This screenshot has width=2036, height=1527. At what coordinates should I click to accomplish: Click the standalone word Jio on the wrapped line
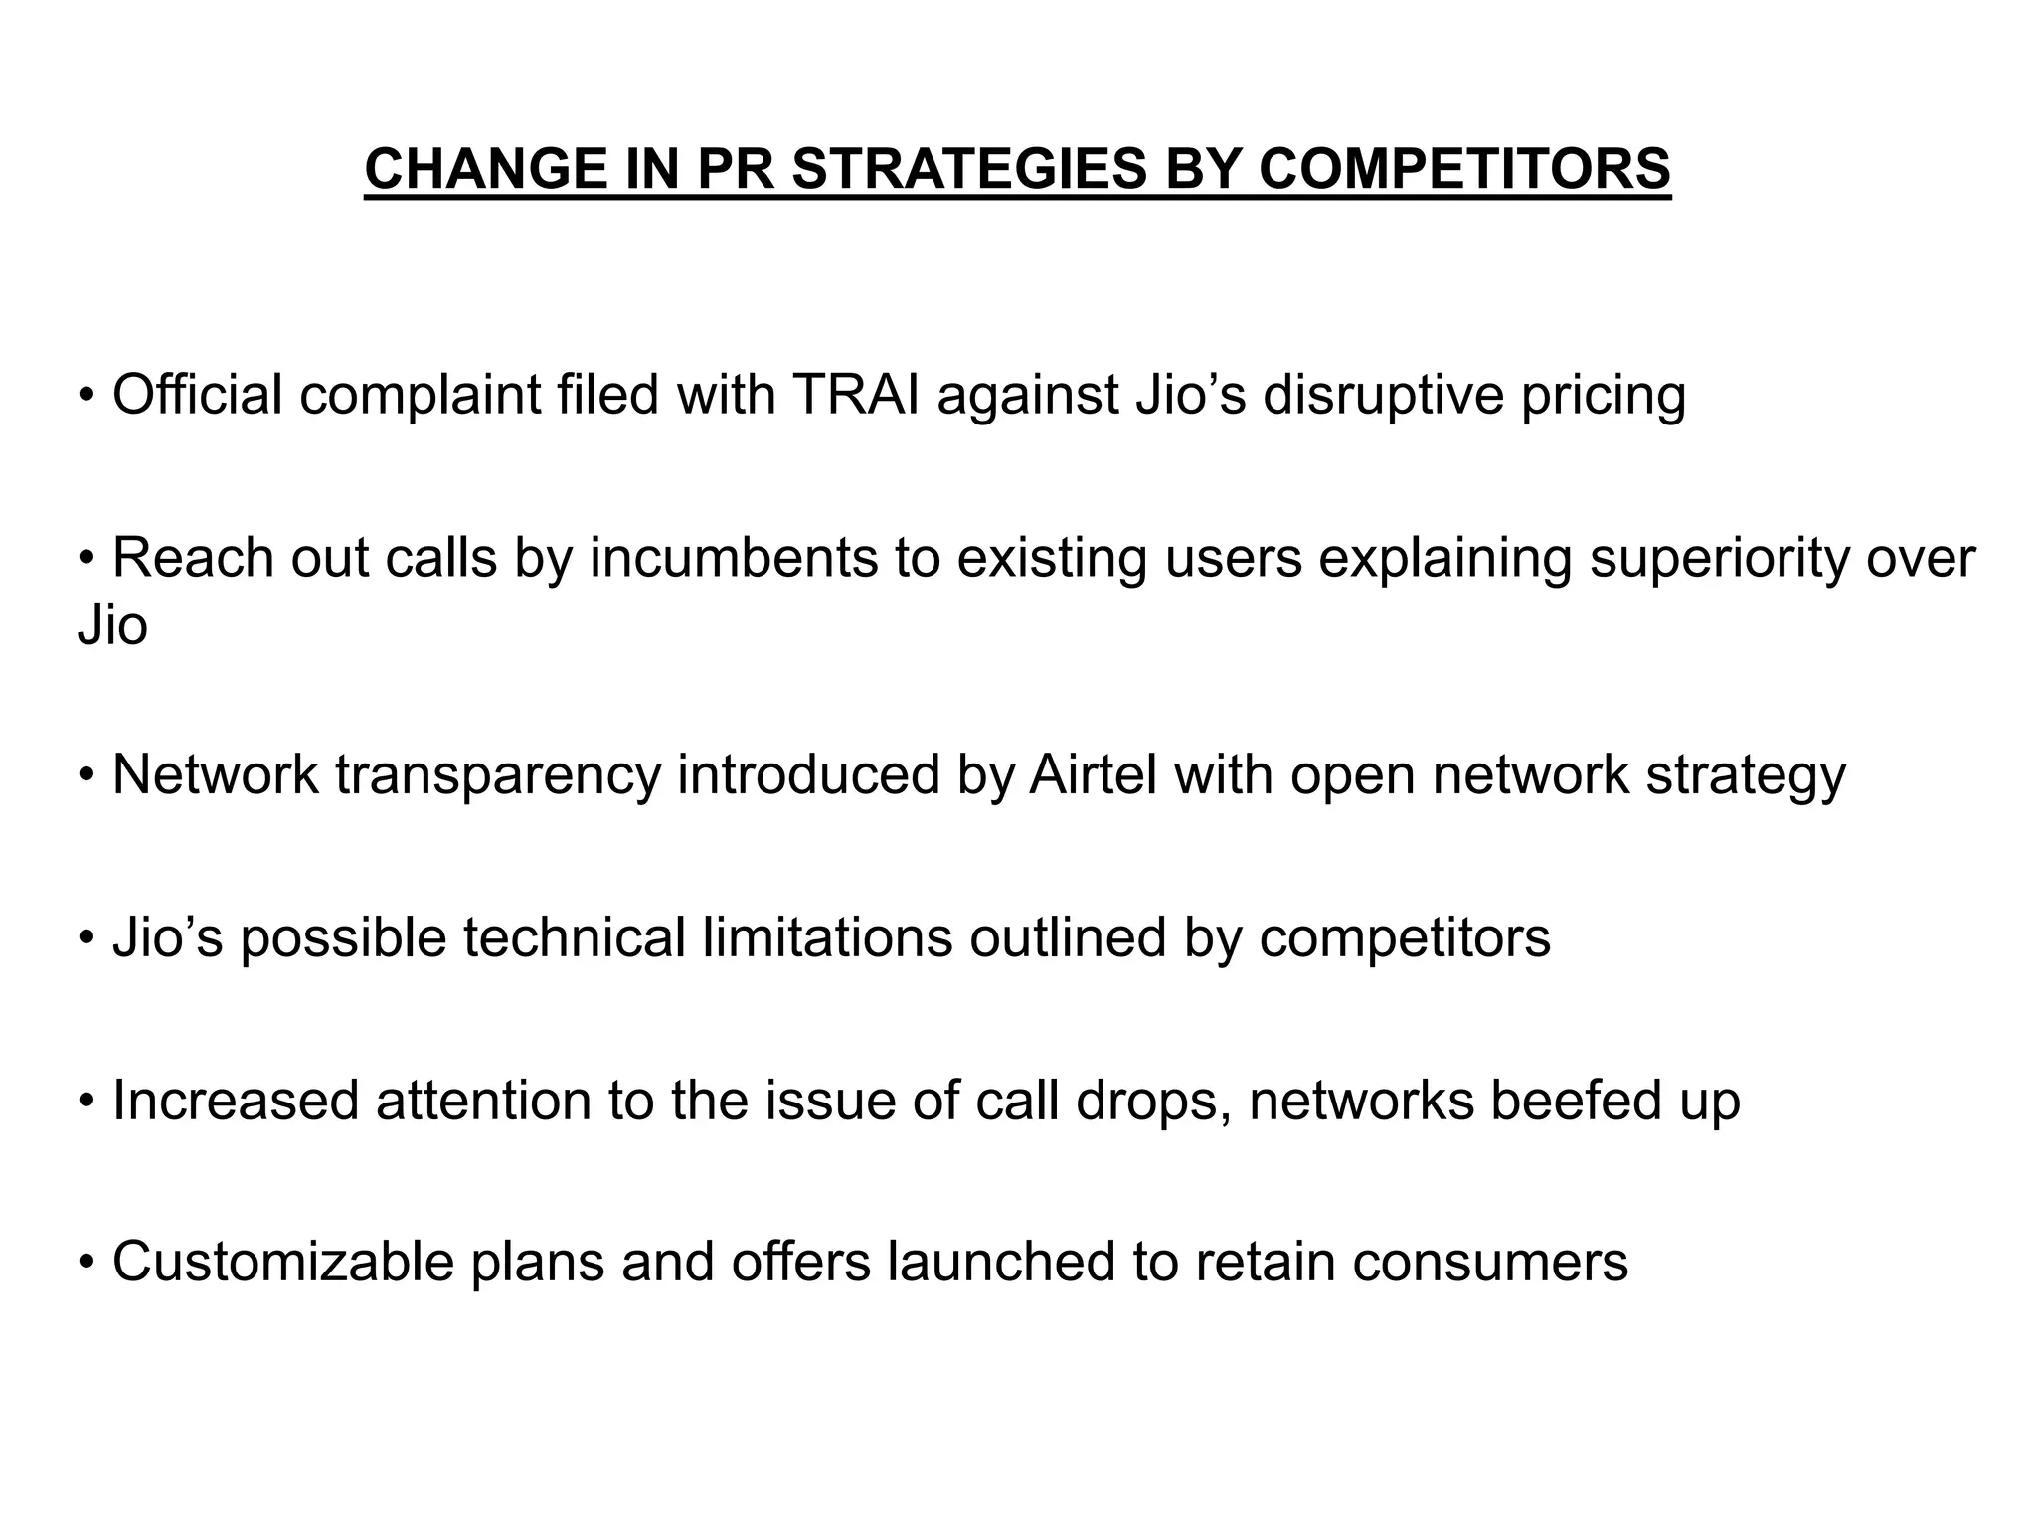tap(112, 626)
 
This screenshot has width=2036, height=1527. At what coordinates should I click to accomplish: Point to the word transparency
tap(498, 776)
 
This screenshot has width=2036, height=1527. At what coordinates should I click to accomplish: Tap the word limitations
tap(827, 936)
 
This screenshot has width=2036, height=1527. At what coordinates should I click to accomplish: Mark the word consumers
tap(1490, 1262)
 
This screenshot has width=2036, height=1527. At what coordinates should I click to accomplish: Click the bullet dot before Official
tap(87, 397)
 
